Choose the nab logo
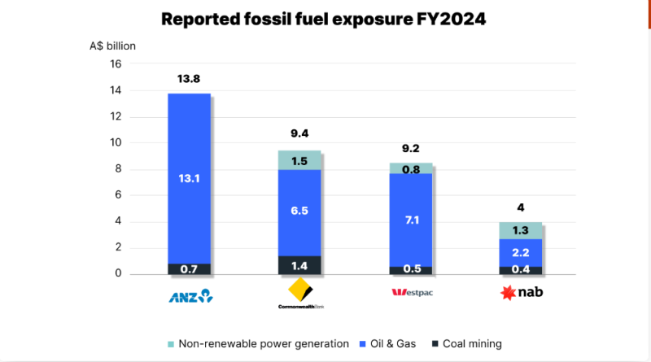tap(521, 293)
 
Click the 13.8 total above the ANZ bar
tap(189, 79)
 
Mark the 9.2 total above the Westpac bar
tap(411, 148)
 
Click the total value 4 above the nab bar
tap(521, 207)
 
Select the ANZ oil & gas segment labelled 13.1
tap(189, 180)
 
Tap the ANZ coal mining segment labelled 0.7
tap(189, 268)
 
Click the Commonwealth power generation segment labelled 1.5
tap(299, 161)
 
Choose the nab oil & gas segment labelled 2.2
tap(521, 252)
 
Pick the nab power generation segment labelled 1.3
tap(521, 230)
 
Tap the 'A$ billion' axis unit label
tap(113, 46)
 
